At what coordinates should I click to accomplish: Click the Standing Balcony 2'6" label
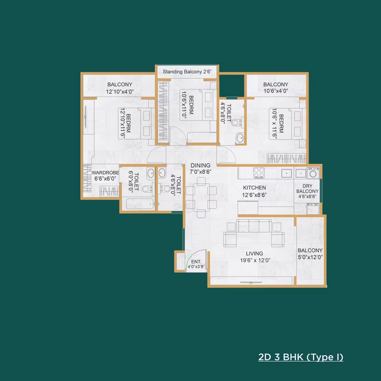pos(187,72)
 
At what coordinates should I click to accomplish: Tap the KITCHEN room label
pos(254,187)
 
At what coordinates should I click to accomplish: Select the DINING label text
pos(201,165)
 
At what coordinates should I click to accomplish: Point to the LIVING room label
pos(254,254)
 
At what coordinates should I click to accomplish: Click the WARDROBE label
pos(105,173)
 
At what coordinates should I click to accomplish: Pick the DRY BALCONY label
pos(307,189)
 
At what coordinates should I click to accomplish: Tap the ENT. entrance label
pos(196,262)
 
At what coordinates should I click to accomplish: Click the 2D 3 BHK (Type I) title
pos(301,357)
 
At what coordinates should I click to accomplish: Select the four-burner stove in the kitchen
pos(259,173)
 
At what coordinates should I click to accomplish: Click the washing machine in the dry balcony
pos(313,173)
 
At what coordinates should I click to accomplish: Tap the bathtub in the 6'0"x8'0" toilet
pos(140,204)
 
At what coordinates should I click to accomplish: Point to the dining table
pos(201,197)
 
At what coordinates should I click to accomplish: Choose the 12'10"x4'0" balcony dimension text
pos(120,92)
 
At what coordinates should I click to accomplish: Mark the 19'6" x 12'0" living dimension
pos(255,261)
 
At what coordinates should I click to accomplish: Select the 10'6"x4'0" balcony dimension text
pos(276,91)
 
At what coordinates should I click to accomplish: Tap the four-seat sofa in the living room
pos(254,226)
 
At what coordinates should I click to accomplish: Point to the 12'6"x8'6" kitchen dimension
pos(254,195)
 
